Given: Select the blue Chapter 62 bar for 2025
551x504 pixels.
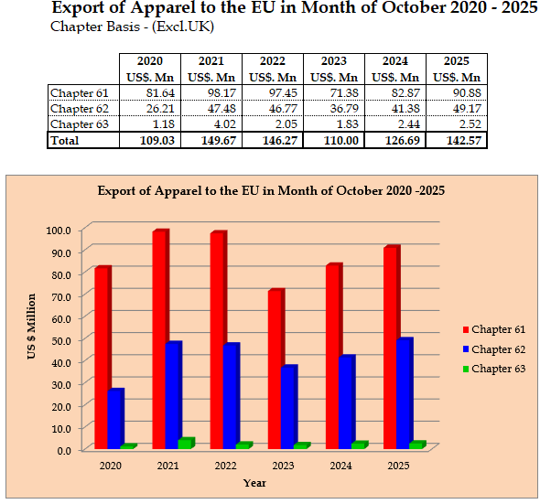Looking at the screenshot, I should tap(404, 394).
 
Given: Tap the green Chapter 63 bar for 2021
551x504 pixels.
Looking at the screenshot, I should tap(186, 444).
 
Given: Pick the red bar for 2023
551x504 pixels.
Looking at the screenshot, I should tap(275, 370).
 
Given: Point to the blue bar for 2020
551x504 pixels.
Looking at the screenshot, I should tap(115, 419).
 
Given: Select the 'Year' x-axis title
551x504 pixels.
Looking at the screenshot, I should tap(254, 483).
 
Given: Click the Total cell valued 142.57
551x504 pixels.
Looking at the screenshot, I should tap(457, 140).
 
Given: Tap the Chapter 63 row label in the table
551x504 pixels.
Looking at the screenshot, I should tap(79, 124).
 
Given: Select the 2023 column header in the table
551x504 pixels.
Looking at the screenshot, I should tap(333, 70).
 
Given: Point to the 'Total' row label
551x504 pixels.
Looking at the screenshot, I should tap(65, 140).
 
